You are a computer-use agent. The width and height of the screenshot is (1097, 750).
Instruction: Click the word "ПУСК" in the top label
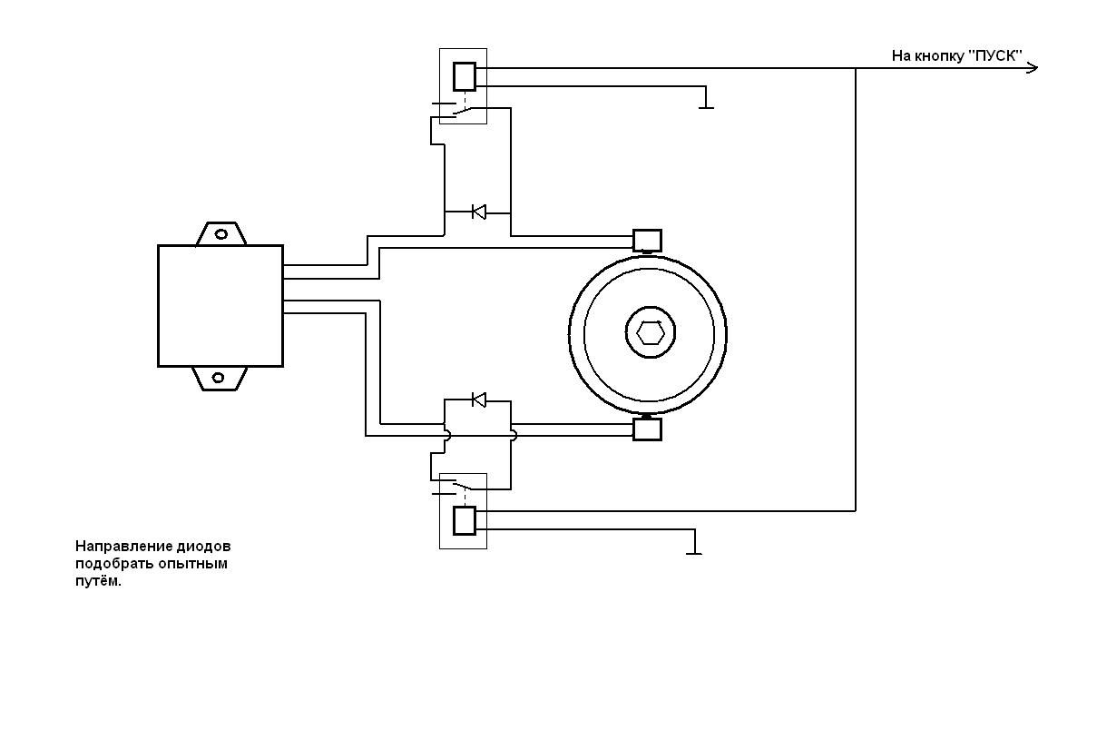coord(995,56)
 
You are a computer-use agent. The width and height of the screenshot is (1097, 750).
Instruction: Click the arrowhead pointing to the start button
coord(1033,68)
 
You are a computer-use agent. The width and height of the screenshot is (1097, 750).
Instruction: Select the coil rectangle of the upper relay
coord(465,76)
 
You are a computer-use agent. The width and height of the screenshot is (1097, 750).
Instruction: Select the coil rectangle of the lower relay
coord(465,520)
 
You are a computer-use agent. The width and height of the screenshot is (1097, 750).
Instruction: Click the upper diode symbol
coord(479,212)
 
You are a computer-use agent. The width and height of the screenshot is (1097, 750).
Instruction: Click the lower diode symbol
coord(479,400)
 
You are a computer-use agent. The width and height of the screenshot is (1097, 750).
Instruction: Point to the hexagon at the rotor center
coord(651,334)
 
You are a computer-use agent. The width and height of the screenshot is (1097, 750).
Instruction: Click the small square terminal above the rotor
coord(648,241)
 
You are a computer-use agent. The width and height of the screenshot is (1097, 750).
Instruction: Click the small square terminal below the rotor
coord(648,429)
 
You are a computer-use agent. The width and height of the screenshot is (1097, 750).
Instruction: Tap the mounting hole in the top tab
coord(221,234)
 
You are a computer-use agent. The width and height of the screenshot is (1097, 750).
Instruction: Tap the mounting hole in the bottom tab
coord(219,378)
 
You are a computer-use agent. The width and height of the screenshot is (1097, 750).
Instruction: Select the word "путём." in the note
coord(98,581)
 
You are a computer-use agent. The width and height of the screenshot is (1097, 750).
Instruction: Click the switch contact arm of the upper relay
coord(464,112)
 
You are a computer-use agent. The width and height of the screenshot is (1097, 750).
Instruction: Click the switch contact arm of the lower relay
coord(464,486)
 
